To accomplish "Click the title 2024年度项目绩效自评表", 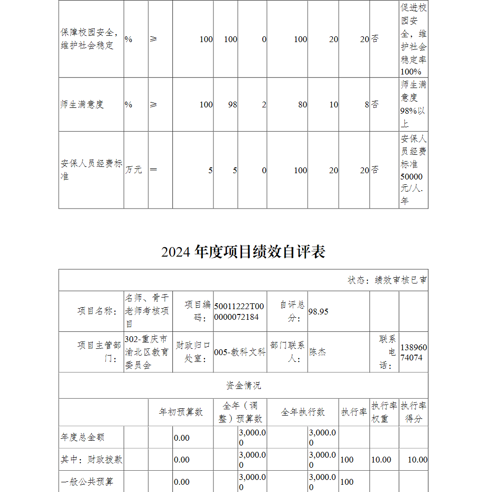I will pos(243,252).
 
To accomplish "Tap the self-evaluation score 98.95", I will pos(318,312).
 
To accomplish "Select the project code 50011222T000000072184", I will pos(239,312).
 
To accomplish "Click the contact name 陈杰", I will pos(318,352).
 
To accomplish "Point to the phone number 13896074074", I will pos(413,353).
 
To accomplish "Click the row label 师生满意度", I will pos(82,104).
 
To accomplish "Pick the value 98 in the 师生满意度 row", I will pos(232,104).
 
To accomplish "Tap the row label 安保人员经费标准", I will pos(91,170).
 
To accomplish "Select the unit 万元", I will pos(134,170).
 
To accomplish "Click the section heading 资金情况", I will pos(243,386).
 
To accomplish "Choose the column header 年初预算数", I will pos(181,412).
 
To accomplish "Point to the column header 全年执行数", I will pos(303,412).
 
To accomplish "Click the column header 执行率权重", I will pos(384,412).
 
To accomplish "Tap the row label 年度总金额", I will pos(82,437).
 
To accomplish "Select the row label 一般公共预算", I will pos(87,482).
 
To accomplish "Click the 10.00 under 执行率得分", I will pos(417,460).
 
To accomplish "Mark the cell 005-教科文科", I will pos(240,352).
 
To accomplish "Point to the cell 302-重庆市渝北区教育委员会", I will pos(147,352).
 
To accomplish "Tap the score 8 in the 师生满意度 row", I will pos(367,104).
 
